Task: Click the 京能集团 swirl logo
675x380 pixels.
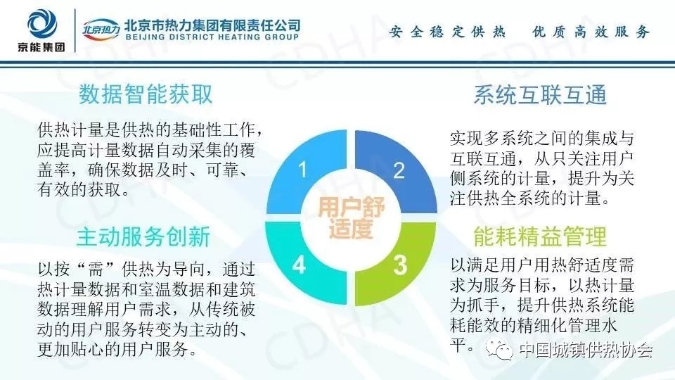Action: pos(41,24)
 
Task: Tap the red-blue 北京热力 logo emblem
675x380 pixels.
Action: pos(101,30)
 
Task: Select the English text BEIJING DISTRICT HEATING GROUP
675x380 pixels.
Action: pos(212,37)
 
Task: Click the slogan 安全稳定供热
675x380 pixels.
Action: pos(447,32)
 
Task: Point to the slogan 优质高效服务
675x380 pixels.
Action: pos(590,32)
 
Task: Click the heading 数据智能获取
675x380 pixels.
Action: pos(146,94)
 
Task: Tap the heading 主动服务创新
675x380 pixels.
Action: pos(143,237)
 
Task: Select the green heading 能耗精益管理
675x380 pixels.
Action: pos(540,236)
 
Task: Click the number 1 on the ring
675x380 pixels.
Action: pos(303,170)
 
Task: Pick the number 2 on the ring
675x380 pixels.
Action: pos(399,170)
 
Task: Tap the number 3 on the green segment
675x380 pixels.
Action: pos(400,265)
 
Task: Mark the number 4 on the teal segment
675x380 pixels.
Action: pos(300,264)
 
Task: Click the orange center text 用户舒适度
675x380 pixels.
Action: pos(351,217)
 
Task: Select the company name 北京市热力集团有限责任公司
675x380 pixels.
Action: pos(212,25)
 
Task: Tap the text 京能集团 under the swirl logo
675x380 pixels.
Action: pos(41,46)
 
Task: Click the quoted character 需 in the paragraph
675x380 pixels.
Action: pos(94,270)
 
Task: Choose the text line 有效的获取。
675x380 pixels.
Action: pos(84,189)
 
